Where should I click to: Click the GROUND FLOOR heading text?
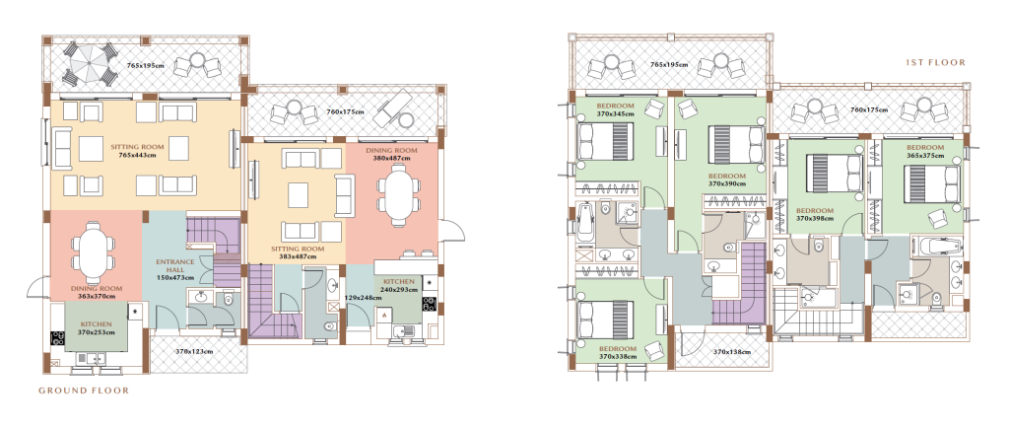tap(84, 391)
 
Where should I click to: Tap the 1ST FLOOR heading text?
tap(936, 62)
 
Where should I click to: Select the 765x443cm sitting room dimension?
tap(136, 155)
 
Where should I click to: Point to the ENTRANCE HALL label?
tap(175, 265)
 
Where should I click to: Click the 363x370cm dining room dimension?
tap(98, 296)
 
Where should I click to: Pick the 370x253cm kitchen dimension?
tap(97, 332)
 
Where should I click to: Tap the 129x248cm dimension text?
tap(363, 298)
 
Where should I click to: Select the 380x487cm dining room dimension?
tap(391, 159)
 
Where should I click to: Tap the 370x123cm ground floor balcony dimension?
tap(194, 351)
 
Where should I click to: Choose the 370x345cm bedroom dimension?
tap(615, 114)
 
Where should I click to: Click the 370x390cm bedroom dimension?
tap(727, 183)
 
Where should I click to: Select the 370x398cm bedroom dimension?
tap(815, 218)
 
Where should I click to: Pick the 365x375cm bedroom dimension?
tap(924, 156)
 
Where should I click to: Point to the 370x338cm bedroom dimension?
tap(617, 356)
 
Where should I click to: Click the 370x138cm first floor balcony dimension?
tap(733, 352)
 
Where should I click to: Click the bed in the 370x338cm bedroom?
tap(603, 321)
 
